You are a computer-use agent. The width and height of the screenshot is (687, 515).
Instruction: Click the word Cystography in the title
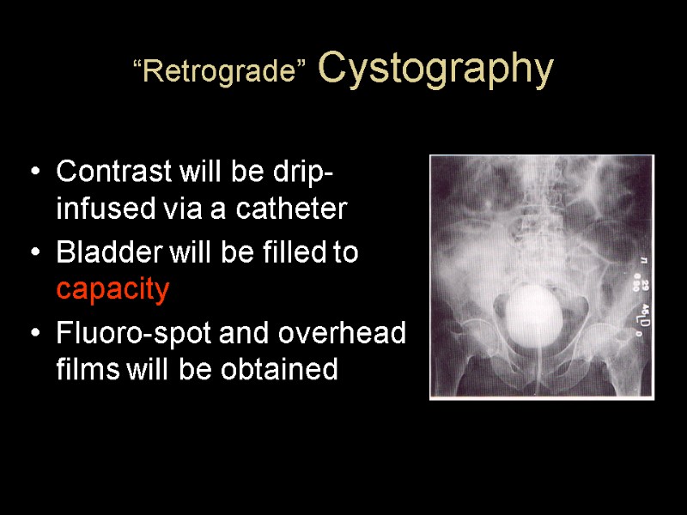tap(435, 70)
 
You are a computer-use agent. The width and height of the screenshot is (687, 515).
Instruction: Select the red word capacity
tap(112, 290)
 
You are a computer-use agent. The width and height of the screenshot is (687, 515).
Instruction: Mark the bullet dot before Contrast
tap(34, 173)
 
